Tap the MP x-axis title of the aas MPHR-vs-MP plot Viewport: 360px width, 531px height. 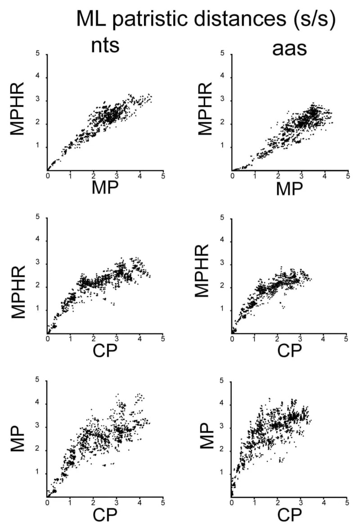click(x=289, y=189)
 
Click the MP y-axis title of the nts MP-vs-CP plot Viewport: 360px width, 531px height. click(x=17, y=438)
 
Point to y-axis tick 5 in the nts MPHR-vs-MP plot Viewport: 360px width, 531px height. click(x=38, y=54)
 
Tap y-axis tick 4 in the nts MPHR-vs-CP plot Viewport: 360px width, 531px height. click(x=38, y=240)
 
